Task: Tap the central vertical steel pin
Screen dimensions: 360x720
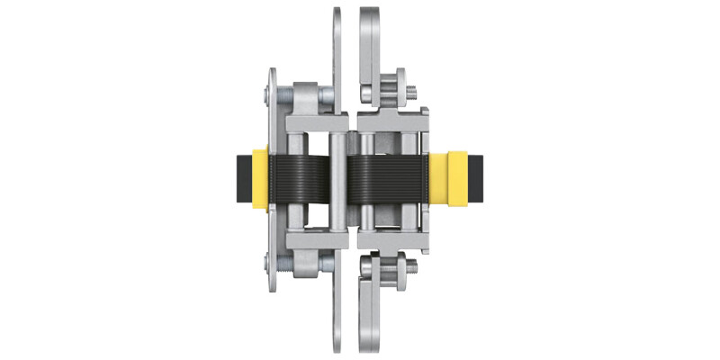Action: click(x=335, y=180)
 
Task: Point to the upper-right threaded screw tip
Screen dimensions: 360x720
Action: click(x=411, y=90)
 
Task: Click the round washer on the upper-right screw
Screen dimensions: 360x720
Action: click(x=392, y=90)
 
